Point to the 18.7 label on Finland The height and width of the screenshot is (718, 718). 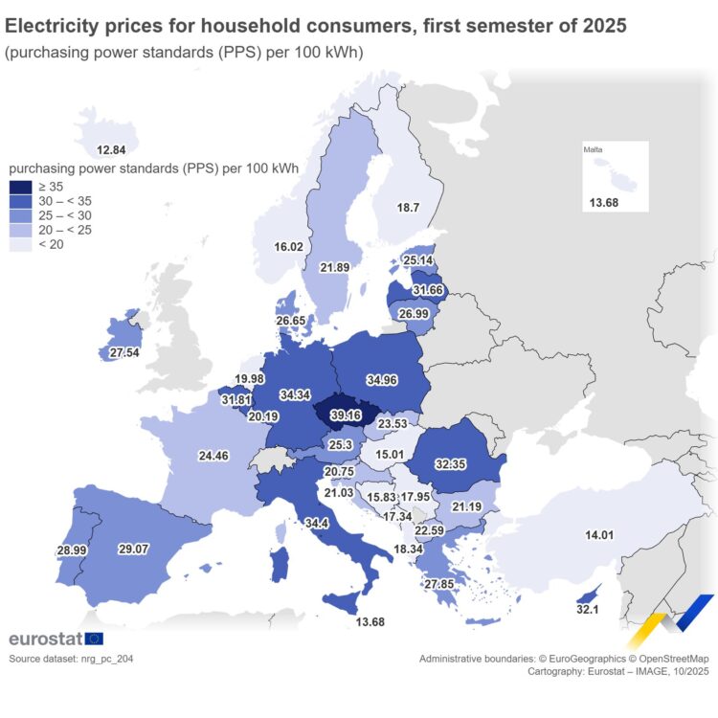coord(409,208)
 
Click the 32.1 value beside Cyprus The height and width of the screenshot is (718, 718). coord(587,609)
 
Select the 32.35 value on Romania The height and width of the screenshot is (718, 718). coord(451,463)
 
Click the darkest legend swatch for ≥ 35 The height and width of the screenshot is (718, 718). coord(20,187)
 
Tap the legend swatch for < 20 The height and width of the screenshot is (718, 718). coord(20,244)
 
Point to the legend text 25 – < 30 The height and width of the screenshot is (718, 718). coord(65,215)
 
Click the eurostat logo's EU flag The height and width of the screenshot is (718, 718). coord(94,639)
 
